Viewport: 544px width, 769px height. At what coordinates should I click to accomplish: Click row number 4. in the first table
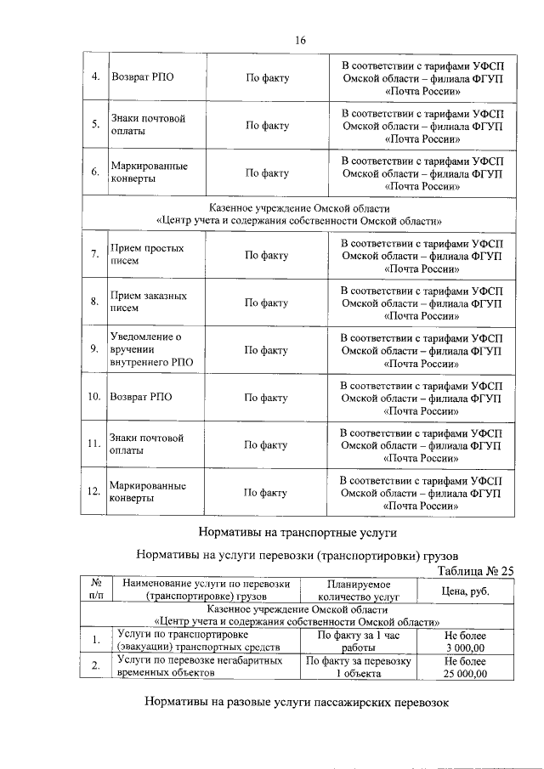[x=95, y=77]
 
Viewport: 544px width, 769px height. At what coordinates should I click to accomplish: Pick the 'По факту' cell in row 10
[x=266, y=397]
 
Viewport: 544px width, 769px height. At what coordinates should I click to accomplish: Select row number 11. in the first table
[x=94, y=444]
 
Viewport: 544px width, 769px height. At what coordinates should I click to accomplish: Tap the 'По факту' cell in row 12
[x=266, y=492]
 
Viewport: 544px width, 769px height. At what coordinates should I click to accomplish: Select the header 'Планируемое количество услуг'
[x=358, y=591]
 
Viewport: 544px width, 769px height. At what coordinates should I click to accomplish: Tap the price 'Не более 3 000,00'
[x=465, y=641]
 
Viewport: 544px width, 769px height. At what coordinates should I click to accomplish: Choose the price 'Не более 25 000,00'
[x=465, y=665]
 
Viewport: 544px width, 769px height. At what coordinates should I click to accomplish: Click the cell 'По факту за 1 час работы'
[x=358, y=641]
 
